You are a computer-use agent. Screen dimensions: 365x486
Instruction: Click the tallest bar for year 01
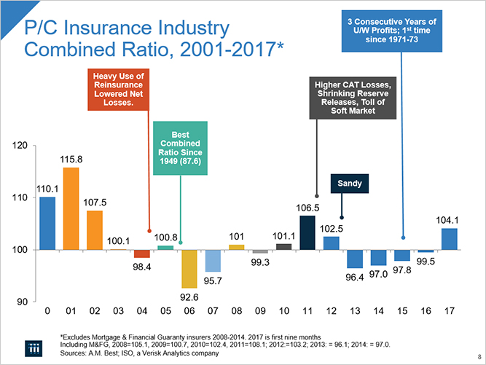(71, 208)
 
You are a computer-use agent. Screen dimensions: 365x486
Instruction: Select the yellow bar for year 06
(189, 268)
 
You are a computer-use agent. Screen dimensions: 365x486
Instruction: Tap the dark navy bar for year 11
(307, 232)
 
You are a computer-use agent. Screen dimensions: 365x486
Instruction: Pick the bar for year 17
(449, 239)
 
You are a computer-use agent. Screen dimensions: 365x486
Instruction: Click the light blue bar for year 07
(213, 261)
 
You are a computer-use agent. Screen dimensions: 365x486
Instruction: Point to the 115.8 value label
(71, 159)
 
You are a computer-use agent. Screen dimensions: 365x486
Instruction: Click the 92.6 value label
(189, 297)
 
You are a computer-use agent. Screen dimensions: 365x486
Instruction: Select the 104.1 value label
(447, 219)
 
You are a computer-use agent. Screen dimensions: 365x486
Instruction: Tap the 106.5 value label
(307, 208)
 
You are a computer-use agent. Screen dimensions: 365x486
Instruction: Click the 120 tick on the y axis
(21, 146)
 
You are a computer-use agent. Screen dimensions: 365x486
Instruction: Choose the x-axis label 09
(260, 311)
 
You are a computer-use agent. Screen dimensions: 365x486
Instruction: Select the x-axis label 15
(401, 311)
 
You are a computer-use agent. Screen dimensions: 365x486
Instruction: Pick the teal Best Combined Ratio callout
(180, 149)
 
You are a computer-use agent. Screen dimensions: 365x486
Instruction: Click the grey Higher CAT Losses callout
(353, 98)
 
